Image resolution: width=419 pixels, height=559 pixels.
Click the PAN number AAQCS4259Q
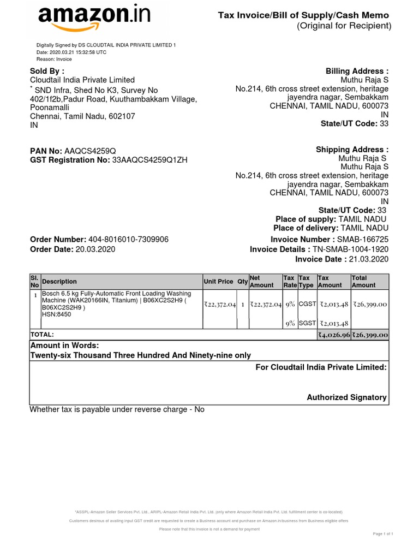click(x=90, y=150)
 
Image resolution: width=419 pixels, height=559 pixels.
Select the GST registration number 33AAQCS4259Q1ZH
click(x=149, y=160)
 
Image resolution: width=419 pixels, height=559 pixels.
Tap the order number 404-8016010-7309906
click(x=128, y=240)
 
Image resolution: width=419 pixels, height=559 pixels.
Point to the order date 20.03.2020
click(x=95, y=249)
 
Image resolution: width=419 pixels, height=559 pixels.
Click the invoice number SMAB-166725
click(x=363, y=240)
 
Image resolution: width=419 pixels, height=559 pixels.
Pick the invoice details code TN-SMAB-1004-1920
click(x=350, y=249)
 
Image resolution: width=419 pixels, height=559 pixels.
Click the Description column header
click(x=59, y=282)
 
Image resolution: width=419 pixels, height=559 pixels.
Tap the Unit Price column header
click(x=218, y=282)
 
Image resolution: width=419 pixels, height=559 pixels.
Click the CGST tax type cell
click(x=307, y=304)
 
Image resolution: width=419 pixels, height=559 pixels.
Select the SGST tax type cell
click(x=307, y=323)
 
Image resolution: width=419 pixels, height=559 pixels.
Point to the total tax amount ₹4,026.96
click(x=334, y=335)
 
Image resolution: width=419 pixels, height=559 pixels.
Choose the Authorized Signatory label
click(x=346, y=397)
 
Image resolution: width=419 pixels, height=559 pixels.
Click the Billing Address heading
click(x=357, y=71)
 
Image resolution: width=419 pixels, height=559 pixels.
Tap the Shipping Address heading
click(x=352, y=150)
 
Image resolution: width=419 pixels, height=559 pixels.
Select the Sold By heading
click(x=47, y=71)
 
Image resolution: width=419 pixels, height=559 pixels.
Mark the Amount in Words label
click(x=64, y=346)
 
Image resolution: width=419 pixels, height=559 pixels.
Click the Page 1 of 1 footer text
click(x=383, y=533)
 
